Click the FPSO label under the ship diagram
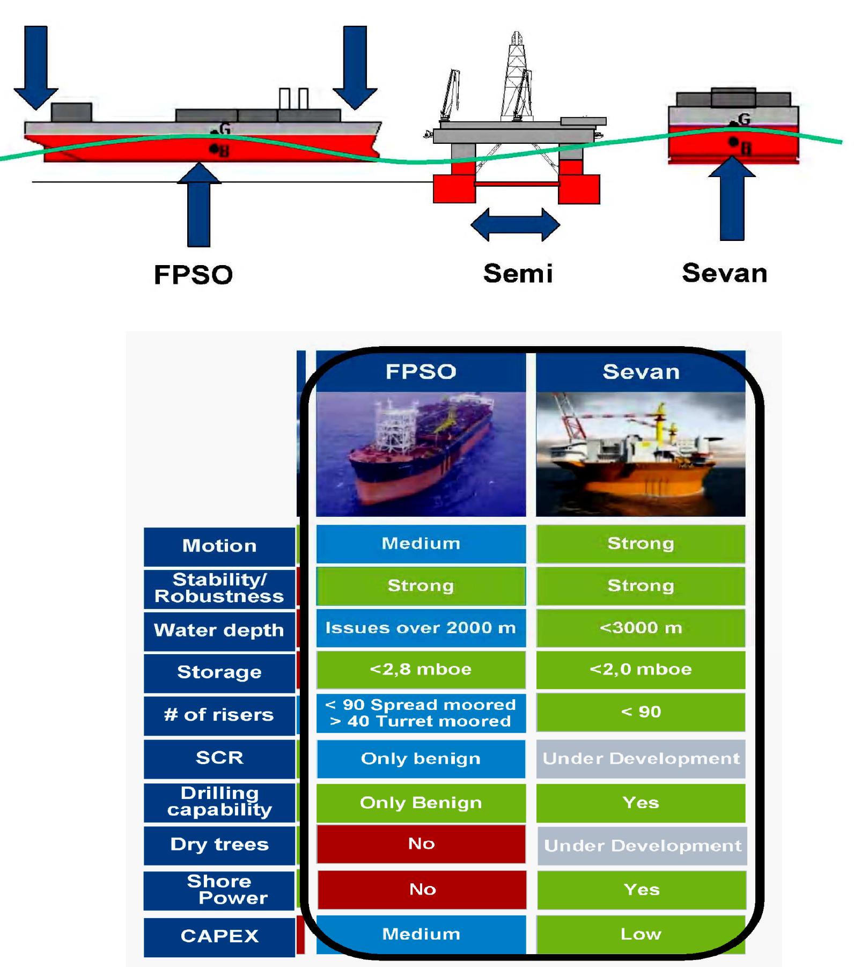click(193, 275)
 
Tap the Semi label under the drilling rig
click(518, 273)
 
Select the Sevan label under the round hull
click(724, 273)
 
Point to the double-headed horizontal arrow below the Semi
click(515, 225)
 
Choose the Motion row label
click(219, 546)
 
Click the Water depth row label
click(219, 630)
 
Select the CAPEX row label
click(219, 936)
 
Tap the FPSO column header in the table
click(421, 372)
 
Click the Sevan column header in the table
click(641, 372)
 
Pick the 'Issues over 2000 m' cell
click(421, 628)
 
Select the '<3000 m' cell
click(641, 628)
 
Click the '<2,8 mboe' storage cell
click(421, 670)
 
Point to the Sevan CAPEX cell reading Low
click(641, 934)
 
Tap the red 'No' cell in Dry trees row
click(421, 844)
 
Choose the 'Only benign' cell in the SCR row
click(421, 759)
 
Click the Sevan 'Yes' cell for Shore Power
click(642, 890)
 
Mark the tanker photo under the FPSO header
click(421, 454)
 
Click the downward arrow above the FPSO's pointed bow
click(355, 67)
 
